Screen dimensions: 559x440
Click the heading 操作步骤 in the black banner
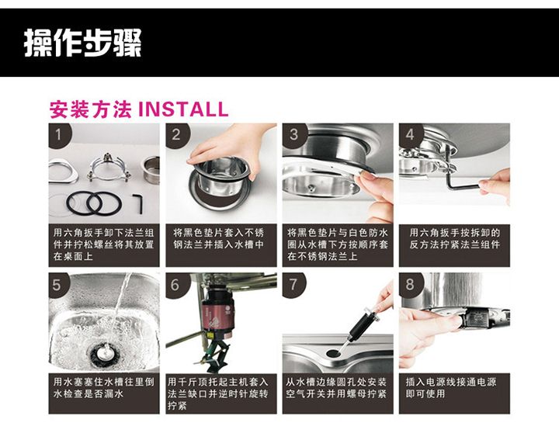pyautogui.click(x=83, y=43)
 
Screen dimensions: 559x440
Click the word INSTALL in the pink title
pyautogui.click(x=183, y=109)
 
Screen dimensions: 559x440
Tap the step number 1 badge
pyautogui.click(x=60, y=135)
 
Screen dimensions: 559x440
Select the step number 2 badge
pyautogui.click(x=177, y=135)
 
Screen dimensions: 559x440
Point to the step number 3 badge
pyautogui.click(x=293, y=135)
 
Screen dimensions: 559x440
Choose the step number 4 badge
pyautogui.click(x=411, y=135)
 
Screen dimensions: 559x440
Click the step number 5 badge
pyautogui.click(x=58, y=285)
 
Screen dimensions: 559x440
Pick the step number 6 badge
pyautogui.click(x=175, y=285)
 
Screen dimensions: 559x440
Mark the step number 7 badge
pyautogui.click(x=293, y=285)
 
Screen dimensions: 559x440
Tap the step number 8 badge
pyautogui.click(x=410, y=285)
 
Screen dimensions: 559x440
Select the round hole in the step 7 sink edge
pyautogui.click(x=333, y=353)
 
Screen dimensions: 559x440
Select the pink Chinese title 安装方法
pyautogui.click(x=91, y=109)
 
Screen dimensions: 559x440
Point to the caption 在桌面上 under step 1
pyautogui.click(x=73, y=256)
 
